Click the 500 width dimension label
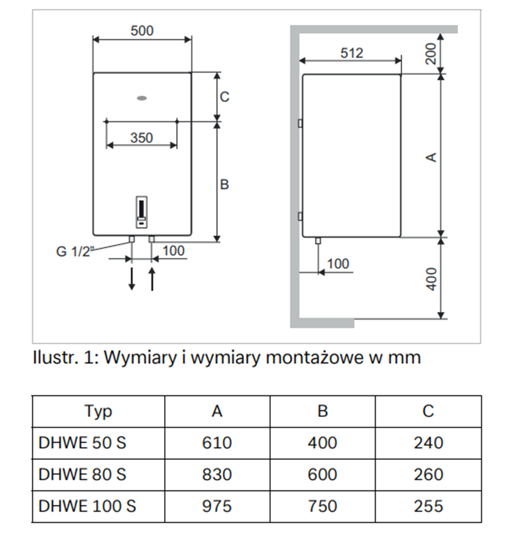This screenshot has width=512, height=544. (x=142, y=30)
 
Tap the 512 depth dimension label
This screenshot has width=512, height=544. (x=352, y=53)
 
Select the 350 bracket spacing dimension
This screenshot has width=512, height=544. (x=141, y=137)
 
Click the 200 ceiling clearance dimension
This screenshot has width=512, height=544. (x=431, y=54)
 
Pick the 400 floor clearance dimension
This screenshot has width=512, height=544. (x=431, y=279)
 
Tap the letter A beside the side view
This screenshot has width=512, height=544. (x=431, y=157)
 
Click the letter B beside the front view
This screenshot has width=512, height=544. (x=224, y=184)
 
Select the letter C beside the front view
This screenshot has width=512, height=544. (x=224, y=97)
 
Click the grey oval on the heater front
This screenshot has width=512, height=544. (x=142, y=98)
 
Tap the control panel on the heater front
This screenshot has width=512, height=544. (x=141, y=212)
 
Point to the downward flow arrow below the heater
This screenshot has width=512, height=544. (x=131, y=278)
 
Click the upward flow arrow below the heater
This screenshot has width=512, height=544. (x=152, y=278)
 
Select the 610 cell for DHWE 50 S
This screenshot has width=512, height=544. (x=217, y=443)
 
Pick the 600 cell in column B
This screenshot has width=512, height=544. (x=322, y=475)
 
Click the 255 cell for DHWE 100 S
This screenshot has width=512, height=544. (x=428, y=506)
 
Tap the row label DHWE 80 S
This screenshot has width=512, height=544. (x=82, y=475)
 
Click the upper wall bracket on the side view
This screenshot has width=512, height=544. (x=300, y=123)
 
